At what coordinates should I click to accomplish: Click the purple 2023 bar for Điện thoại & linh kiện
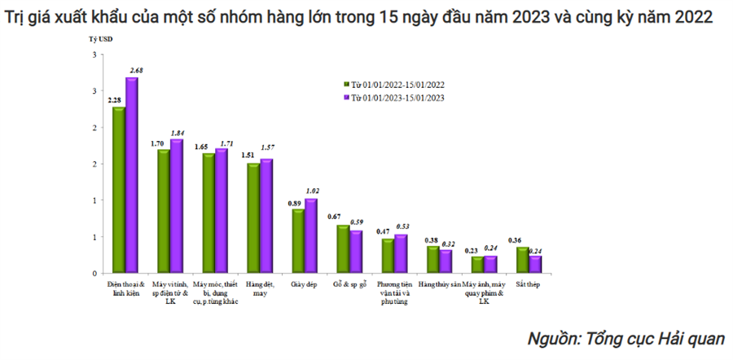(x=130, y=175)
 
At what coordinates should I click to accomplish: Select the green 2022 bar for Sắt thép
(x=522, y=261)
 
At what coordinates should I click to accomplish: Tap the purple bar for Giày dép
(x=310, y=236)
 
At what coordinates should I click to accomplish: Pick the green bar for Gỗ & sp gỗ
(x=343, y=249)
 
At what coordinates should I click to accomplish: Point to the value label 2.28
(x=116, y=100)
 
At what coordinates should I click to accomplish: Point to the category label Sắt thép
(x=529, y=284)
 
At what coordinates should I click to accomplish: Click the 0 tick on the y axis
(x=95, y=274)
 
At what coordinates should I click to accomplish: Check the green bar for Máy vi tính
(x=164, y=212)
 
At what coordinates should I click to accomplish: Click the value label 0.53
(x=402, y=226)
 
